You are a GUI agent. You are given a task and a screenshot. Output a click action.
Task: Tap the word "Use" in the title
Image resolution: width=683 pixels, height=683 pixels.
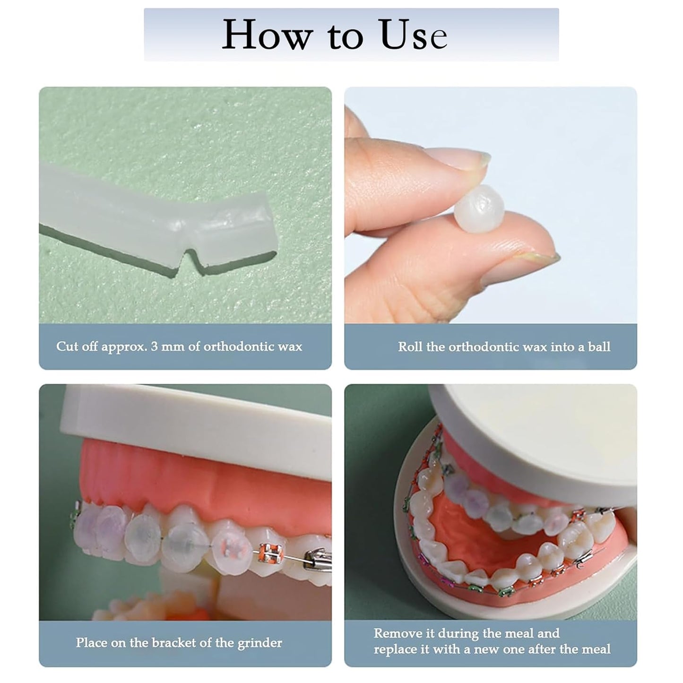point(413,35)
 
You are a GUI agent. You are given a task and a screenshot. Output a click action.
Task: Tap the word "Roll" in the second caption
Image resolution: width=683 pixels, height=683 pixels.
point(410,347)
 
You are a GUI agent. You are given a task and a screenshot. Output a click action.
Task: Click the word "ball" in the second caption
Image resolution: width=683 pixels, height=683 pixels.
point(599,347)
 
